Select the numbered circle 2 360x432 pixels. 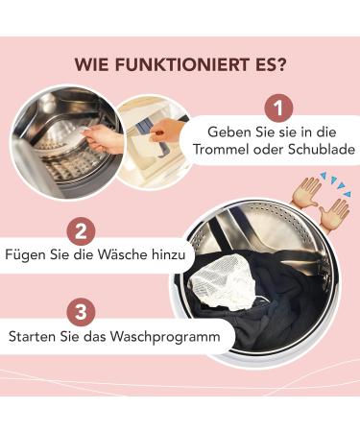(x=82, y=231)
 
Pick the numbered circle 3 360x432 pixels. (x=82, y=311)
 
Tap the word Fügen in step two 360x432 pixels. (x=26, y=259)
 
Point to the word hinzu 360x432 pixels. (x=174, y=259)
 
